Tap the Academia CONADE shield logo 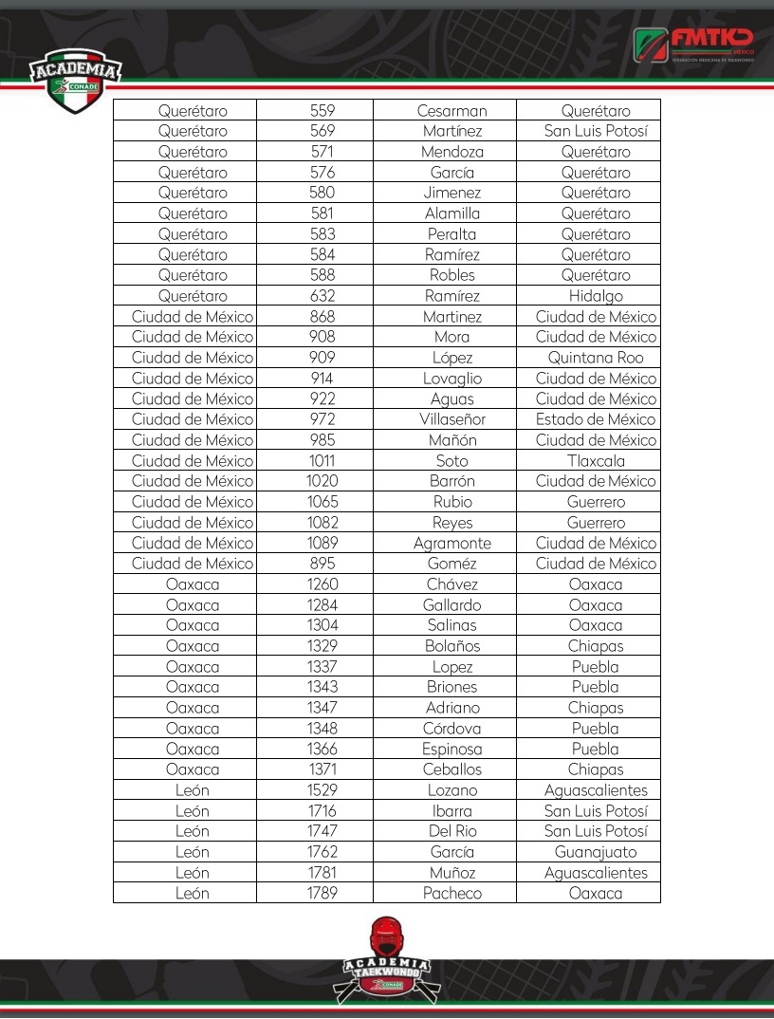[76, 80]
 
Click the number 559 [322, 111]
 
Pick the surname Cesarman [451, 111]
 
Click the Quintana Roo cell [596, 358]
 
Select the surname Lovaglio [451, 379]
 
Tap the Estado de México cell [596, 419]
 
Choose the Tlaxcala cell [596, 461]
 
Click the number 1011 [322, 461]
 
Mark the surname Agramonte [451, 544]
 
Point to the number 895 [322, 564]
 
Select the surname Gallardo [451, 605]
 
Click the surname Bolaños [451, 646]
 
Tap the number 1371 [322, 769]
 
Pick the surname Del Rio [451, 831]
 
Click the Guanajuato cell [596, 852]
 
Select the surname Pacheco [451, 893]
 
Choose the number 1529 [322, 790]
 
